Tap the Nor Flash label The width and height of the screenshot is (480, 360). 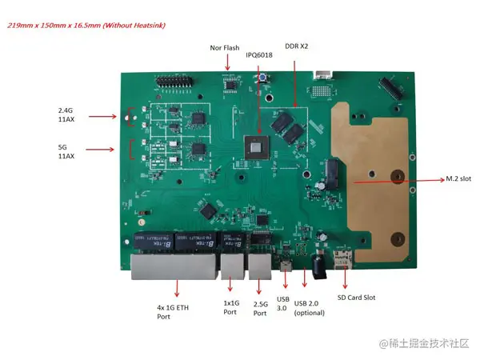tap(225, 48)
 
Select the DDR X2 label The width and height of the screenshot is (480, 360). tap(297, 46)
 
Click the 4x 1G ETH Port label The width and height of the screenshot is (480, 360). tap(174, 312)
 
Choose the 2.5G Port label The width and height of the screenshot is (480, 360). tap(260, 308)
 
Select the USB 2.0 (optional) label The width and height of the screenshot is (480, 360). tap(311, 307)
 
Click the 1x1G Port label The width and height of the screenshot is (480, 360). tap(230, 307)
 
